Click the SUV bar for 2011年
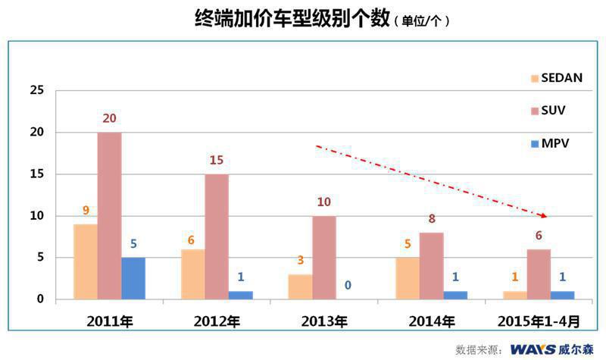pyautogui.click(x=109, y=216)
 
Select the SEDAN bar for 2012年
pyautogui.click(x=193, y=274)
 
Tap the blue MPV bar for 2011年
pyautogui.click(x=133, y=278)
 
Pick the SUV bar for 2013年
pyautogui.click(x=324, y=258)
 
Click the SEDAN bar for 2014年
pyautogui.click(x=408, y=278)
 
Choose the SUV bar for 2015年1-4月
pyautogui.click(x=539, y=274)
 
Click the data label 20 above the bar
pyautogui.click(x=109, y=118)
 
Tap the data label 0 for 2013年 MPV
pyautogui.click(x=348, y=285)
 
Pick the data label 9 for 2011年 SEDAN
pyautogui.click(x=86, y=210)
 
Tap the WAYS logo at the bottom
pyautogui.click(x=533, y=349)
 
